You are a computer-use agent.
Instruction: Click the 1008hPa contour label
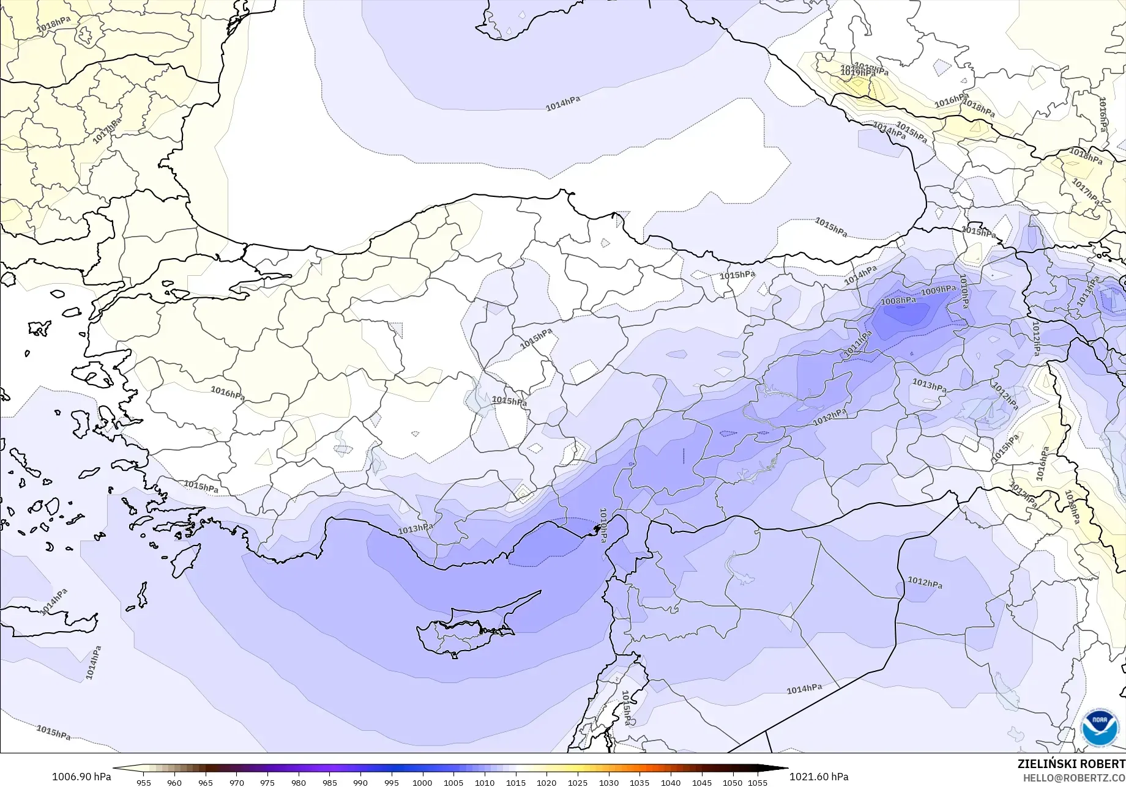[x=898, y=301]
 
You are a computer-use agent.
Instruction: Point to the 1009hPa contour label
[x=938, y=290]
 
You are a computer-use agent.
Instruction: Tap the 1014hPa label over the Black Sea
[x=562, y=103]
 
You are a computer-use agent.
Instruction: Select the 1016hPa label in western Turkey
[x=228, y=393]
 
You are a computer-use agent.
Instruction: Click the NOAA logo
[x=1100, y=728]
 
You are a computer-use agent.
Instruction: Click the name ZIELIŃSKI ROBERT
[x=1071, y=764]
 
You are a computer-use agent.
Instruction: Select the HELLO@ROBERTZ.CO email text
[x=1074, y=777]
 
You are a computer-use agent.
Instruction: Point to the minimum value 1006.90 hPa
[x=81, y=777]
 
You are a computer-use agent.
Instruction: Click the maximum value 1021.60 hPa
[x=819, y=777]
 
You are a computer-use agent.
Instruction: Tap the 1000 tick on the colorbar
[x=422, y=782]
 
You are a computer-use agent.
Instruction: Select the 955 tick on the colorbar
[x=144, y=782]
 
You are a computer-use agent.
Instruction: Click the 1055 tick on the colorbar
[x=758, y=782]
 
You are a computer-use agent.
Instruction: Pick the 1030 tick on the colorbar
[x=608, y=782]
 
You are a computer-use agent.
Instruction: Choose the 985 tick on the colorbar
[x=329, y=782]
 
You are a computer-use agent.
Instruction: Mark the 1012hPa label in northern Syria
[x=925, y=583]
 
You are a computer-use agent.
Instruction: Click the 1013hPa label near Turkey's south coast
[x=416, y=529]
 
